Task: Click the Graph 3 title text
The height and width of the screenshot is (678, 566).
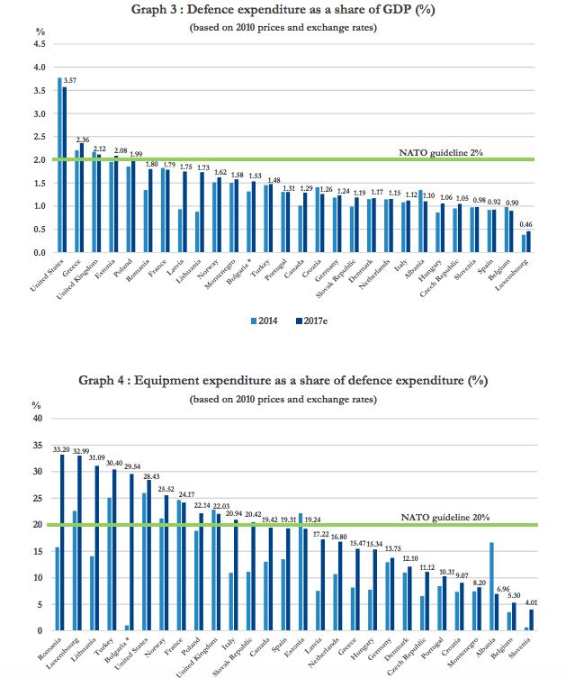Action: pyautogui.click(x=283, y=11)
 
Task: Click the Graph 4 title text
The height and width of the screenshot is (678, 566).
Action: pyautogui.click(x=283, y=380)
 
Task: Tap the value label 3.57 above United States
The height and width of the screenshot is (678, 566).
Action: pyautogui.click(x=69, y=81)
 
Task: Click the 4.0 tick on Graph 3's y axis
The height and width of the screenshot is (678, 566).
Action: pyautogui.click(x=39, y=68)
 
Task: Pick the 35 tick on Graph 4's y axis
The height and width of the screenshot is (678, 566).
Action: pyautogui.click(x=37, y=445)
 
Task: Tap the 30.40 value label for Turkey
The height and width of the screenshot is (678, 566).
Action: pyautogui.click(x=114, y=462)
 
